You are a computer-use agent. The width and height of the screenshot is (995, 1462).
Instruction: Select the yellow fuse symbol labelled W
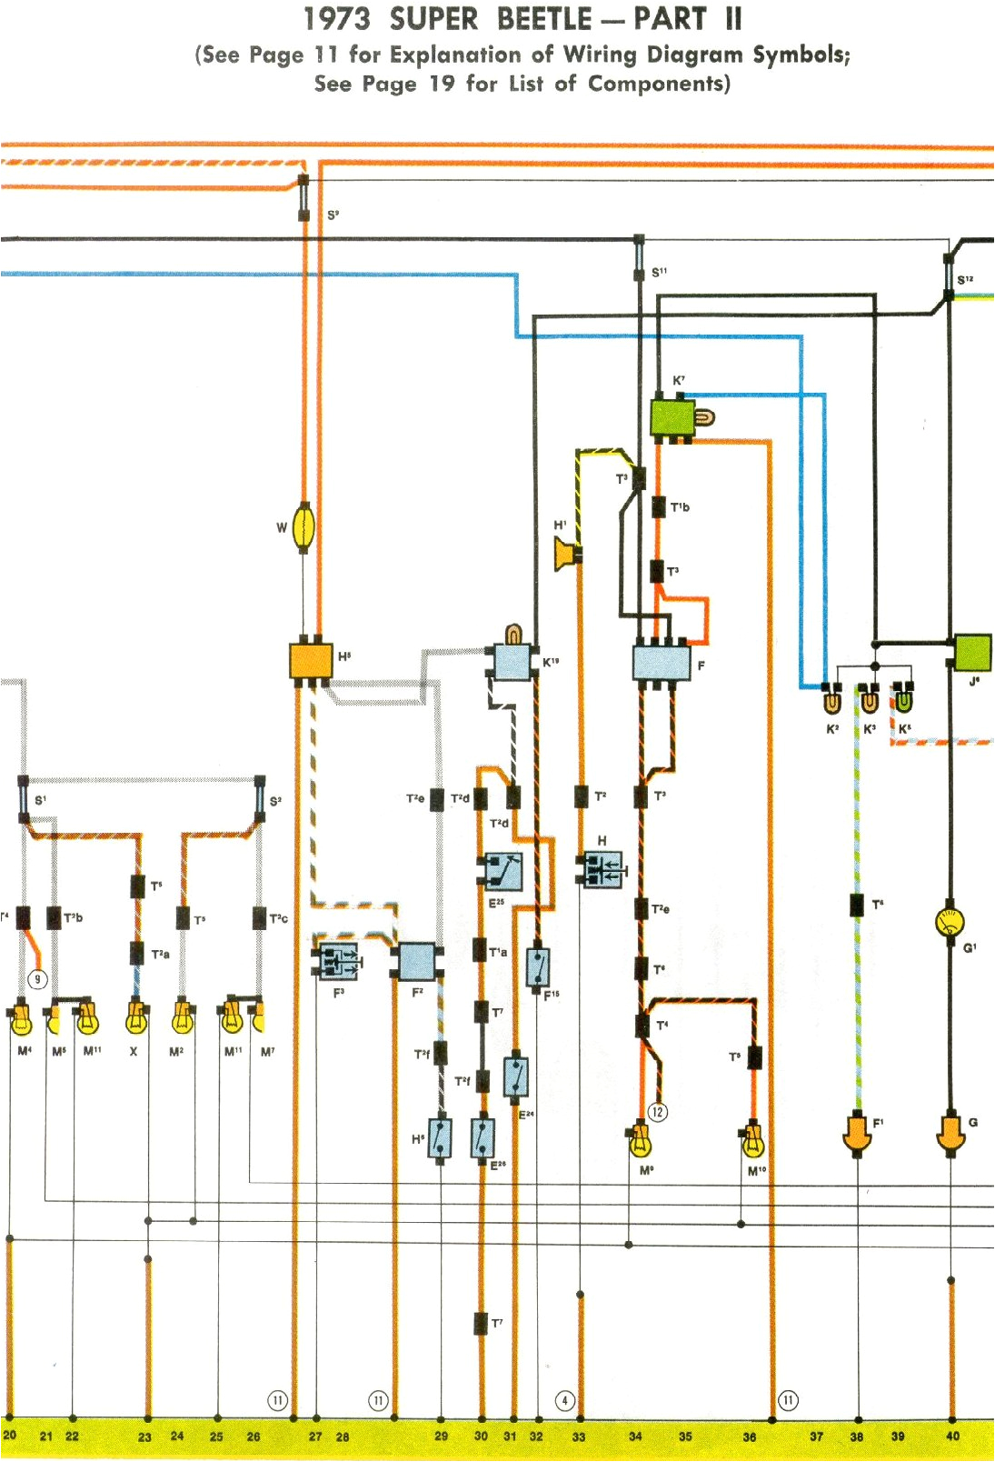[304, 527]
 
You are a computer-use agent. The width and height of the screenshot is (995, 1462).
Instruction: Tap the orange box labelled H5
[311, 660]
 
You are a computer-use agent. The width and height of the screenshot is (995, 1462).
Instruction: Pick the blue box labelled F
[661, 662]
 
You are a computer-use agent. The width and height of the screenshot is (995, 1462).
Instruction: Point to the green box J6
[972, 652]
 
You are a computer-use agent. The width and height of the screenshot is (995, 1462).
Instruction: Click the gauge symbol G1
[950, 923]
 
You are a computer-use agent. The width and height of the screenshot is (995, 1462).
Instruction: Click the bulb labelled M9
[641, 1142]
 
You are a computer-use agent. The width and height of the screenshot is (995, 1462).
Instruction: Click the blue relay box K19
[512, 663]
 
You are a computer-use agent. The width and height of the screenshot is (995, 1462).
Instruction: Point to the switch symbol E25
[503, 872]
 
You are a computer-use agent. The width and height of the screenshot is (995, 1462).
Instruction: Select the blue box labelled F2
[417, 961]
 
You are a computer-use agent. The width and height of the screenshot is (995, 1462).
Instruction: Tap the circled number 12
[658, 1112]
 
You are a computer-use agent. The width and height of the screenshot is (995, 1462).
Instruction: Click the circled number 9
[37, 979]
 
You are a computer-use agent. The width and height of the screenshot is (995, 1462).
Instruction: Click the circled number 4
[564, 1400]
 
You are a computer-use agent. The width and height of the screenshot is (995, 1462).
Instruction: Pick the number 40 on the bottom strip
[952, 1437]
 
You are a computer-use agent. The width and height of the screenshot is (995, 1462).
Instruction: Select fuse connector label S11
[659, 272]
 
